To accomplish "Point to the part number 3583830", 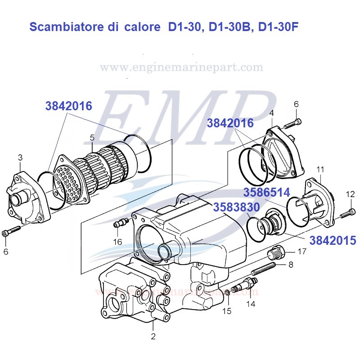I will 236,207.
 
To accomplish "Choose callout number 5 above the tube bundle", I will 92,137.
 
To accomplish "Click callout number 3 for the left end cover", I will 20,157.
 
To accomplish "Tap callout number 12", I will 351,194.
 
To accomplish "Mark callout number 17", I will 302,251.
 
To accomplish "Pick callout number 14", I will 250,304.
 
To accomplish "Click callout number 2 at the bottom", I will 153,336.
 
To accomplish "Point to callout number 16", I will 117,241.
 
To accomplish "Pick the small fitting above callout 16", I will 120,222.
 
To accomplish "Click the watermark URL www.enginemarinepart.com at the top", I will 181,67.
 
